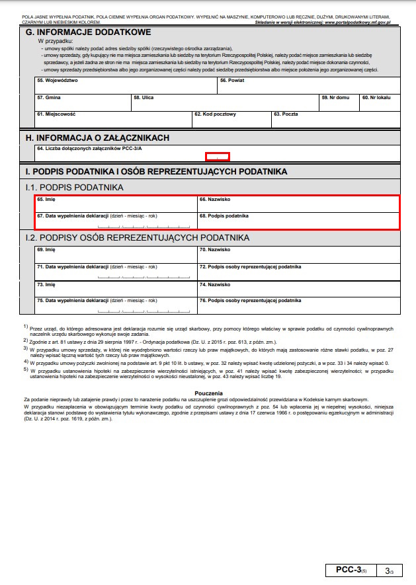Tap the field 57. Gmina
click(83, 102)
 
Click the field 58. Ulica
click(225, 102)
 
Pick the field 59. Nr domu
click(339, 102)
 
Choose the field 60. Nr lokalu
click(380, 102)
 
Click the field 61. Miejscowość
click(114, 119)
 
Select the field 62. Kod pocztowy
click(231, 119)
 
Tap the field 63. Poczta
click(335, 119)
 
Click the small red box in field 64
click(218, 157)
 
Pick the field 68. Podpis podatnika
click(298, 221)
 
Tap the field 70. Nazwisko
click(298, 254)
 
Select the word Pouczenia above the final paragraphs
click(208, 393)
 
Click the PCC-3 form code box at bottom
click(350, 570)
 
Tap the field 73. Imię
click(116, 288)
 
